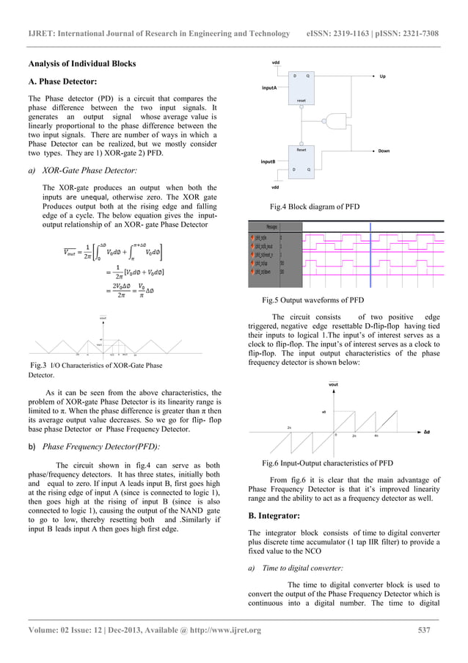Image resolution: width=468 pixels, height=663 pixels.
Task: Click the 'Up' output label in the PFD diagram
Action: tap(383, 76)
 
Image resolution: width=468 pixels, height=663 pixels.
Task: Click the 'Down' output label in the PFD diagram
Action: tap(383, 151)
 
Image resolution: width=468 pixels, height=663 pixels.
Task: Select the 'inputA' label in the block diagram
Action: tap(269, 87)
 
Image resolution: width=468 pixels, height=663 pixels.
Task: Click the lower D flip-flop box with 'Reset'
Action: tap(301, 160)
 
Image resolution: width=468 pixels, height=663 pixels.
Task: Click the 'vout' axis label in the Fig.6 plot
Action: tap(333, 383)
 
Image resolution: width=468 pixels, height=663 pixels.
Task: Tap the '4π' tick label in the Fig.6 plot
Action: tap(376, 435)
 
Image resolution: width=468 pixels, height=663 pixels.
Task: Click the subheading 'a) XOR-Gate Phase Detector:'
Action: tap(83, 170)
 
